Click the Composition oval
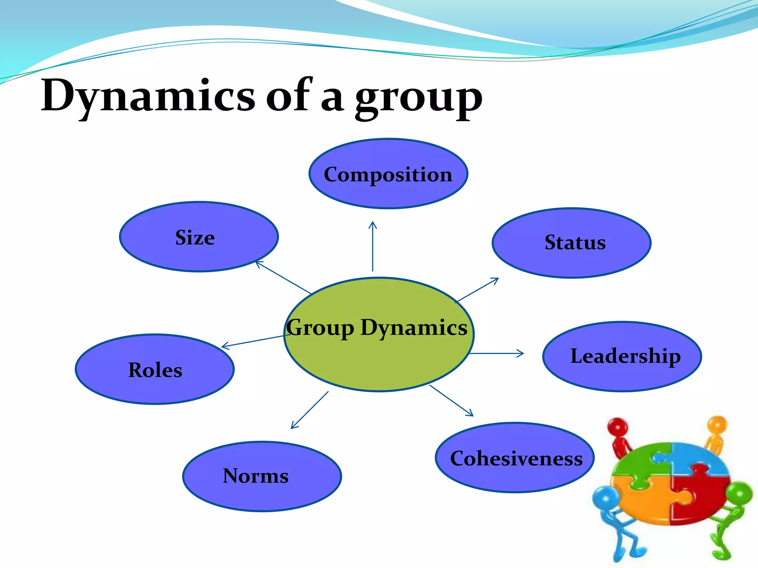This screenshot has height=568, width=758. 388,174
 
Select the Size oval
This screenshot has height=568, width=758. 199,237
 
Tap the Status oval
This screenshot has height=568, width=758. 571,243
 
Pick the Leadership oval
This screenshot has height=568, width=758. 622,356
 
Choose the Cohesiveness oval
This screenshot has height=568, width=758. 514,458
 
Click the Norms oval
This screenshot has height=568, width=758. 262,476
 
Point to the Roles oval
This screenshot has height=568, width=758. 155,369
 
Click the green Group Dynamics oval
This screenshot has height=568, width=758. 379,355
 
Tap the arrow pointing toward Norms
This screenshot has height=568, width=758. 309,410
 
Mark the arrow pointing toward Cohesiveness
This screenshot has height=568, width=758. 452,400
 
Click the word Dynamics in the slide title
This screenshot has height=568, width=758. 148,95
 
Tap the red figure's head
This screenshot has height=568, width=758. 617,427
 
